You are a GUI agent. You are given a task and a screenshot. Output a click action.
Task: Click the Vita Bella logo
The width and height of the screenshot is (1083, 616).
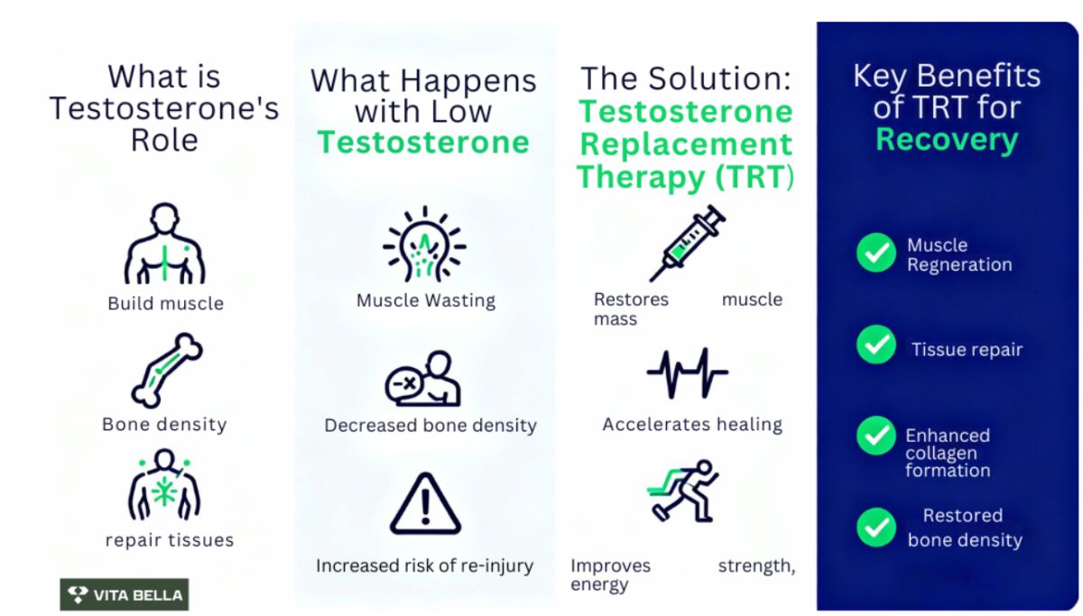(x=125, y=594)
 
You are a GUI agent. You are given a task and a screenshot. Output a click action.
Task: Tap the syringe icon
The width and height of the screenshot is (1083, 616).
(x=687, y=243)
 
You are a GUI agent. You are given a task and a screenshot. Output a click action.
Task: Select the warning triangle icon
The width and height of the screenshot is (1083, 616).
(x=425, y=504)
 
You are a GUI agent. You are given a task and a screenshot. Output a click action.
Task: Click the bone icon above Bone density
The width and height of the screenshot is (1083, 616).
(x=167, y=371)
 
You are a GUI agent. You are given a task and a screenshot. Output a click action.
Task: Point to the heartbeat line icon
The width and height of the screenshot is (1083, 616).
(x=687, y=373)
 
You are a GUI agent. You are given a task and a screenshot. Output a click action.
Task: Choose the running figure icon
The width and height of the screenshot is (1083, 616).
(x=682, y=491)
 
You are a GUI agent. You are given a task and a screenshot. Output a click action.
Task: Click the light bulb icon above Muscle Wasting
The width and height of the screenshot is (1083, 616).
(x=424, y=244)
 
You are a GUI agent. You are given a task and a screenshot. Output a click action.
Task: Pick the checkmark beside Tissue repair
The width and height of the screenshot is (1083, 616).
(x=876, y=345)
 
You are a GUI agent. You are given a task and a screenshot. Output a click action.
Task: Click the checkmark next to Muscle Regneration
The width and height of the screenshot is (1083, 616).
(x=876, y=253)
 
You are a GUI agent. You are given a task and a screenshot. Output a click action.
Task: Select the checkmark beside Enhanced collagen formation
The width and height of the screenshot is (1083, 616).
(x=876, y=436)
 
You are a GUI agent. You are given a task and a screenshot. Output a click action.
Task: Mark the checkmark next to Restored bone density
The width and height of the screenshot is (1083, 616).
(x=876, y=528)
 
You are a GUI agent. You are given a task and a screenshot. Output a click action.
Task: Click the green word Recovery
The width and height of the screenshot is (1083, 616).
(x=947, y=140)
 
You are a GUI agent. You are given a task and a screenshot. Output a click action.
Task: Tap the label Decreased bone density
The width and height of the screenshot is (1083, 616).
(x=430, y=426)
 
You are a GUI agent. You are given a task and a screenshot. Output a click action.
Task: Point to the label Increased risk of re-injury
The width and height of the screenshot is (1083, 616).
(x=424, y=565)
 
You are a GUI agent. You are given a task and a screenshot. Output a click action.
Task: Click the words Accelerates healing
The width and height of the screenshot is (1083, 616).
(x=692, y=425)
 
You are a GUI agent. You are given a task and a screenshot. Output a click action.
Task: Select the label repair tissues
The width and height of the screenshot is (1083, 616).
(x=170, y=540)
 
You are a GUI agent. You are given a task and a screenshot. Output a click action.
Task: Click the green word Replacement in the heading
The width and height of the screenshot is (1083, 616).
(x=686, y=144)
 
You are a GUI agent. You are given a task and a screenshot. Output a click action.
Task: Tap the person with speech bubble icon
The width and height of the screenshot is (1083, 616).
(x=423, y=379)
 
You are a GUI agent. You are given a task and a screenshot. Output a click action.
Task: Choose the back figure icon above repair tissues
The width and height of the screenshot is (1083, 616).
(x=164, y=484)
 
